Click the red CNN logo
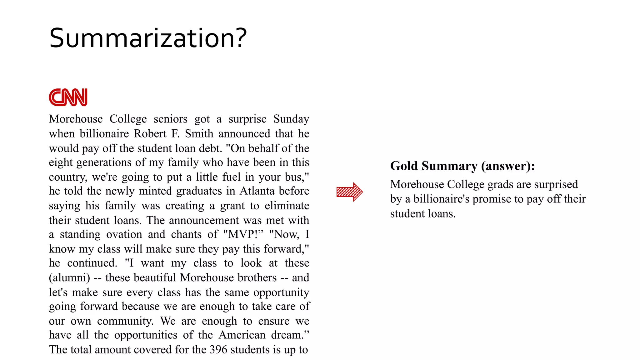68,97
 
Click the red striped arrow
349,192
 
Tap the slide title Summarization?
148,38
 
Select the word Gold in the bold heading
404,166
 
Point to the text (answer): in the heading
508,166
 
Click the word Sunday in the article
291,119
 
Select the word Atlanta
256,191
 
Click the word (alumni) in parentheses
69,277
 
